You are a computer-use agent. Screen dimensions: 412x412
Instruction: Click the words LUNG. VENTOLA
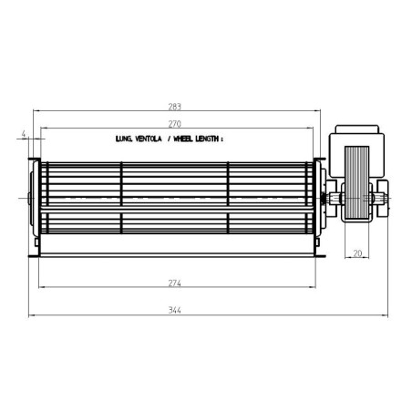(139, 141)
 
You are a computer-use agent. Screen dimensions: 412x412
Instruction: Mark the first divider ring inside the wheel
(122, 197)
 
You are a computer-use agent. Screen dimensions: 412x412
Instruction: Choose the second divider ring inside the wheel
(227, 197)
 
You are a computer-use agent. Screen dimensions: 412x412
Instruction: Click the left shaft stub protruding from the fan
(30, 197)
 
